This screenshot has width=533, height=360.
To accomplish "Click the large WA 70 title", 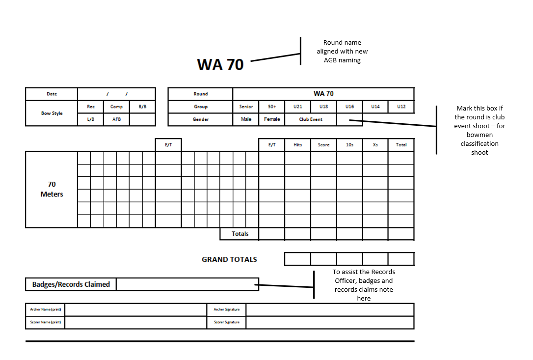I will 220,64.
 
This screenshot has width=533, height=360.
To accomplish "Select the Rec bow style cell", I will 91,107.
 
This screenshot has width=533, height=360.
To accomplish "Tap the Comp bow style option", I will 116,107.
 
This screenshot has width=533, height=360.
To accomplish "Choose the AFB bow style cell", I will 116,119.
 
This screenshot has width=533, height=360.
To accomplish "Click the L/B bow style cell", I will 91,119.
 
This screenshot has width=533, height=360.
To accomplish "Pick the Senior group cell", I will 246,107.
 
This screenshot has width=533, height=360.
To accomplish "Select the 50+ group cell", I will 272,107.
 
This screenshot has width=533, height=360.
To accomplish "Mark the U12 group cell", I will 401,107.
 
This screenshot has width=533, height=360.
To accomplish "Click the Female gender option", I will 272,119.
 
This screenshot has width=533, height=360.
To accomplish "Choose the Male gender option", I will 246,119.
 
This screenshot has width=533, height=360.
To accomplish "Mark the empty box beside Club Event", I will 349,119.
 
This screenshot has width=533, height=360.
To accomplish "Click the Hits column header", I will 298,145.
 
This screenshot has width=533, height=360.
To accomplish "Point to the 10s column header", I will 349,145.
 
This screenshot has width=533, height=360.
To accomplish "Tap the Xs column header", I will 375,145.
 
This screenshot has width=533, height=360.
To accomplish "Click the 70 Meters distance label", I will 52,189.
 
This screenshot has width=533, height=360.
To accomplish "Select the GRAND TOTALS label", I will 229,259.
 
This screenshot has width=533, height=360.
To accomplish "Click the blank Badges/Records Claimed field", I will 187,284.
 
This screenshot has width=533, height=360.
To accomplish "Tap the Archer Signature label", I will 226,309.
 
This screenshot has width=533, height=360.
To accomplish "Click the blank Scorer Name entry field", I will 136,322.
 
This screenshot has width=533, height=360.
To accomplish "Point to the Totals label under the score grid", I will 240,234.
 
